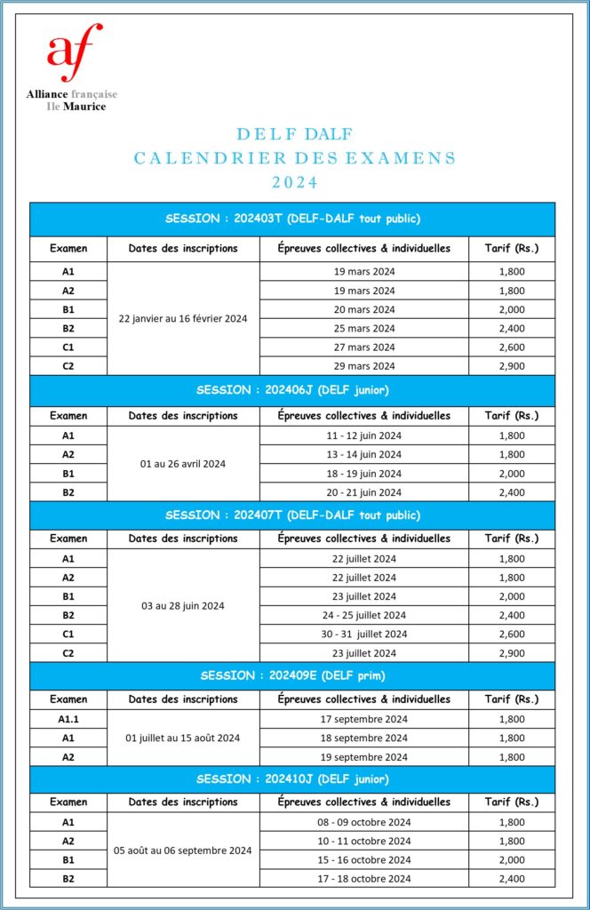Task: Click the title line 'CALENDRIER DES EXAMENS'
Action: (x=294, y=158)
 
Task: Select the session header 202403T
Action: (x=292, y=219)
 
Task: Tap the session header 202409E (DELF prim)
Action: (x=292, y=675)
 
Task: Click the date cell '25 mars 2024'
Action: (x=364, y=328)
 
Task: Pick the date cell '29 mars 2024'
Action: (x=364, y=366)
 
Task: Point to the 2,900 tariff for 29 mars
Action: (x=511, y=366)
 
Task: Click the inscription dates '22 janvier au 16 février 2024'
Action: (x=183, y=318)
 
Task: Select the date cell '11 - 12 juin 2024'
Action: (x=364, y=435)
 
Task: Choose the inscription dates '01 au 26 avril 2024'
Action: (x=183, y=463)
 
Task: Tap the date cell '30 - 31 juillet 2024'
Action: (x=364, y=634)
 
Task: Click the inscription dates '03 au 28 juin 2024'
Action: (x=183, y=605)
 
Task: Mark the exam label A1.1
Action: (x=68, y=719)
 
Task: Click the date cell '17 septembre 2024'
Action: (x=364, y=719)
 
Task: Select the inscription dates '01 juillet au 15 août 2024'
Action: (x=183, y=738)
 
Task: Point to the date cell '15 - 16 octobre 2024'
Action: (x=364, y=859)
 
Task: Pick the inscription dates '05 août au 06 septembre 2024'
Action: (x=183, y=850)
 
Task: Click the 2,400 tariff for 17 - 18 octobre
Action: (x=511, y=879)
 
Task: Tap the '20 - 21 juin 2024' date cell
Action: (x=364, y=492)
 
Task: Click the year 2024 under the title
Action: (x=294, y=183)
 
